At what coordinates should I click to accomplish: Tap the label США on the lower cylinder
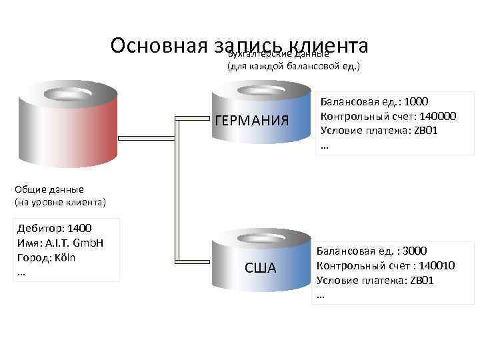[260, 268]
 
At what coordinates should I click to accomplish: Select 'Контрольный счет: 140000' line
[388, 116]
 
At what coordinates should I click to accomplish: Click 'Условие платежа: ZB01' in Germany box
[379, 130]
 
